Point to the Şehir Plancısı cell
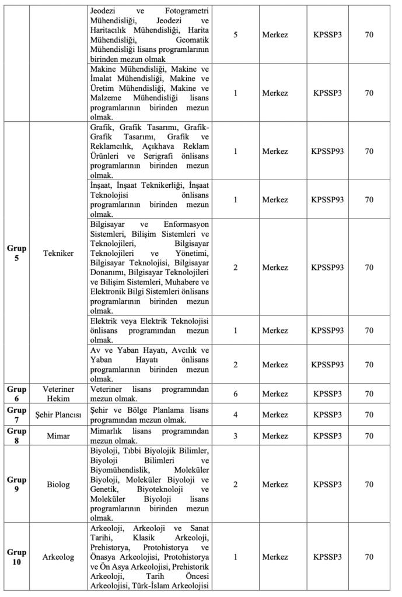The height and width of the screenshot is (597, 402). point(58,415)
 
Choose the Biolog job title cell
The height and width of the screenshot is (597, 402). point(58,484)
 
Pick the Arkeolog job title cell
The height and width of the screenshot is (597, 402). point(58,557)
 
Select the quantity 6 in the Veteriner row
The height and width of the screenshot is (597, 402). point(235,394)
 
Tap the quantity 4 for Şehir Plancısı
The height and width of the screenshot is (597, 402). point(235,415)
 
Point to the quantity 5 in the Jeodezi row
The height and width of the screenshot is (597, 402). point(235,34)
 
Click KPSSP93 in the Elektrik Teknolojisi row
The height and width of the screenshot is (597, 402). point(327,330)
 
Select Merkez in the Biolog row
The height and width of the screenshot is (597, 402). point(275,484)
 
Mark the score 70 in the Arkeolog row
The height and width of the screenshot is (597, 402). point(369,557)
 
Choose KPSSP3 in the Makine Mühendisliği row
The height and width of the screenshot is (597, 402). point(327,93)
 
